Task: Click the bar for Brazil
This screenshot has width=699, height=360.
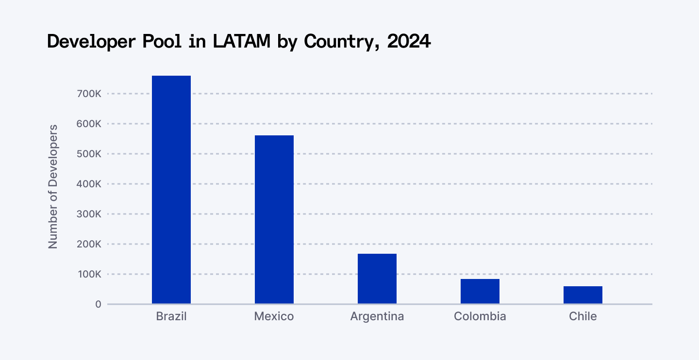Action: pyautogui.click(x=171, y=190)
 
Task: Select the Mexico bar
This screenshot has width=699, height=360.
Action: pyautogui.click(x=274, y=219)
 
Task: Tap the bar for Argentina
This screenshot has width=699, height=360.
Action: pyautogui.click(x=377, y=278)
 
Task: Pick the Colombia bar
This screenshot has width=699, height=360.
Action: pyautogui.click(x=480, y=291)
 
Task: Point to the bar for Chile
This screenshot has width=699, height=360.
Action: pyautogui.click(x=583, y=295)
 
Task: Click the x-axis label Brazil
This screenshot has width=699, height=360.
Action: pyautogui.click(x=171, y=317)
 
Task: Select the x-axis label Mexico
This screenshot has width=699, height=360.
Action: pyautogui.click(x=274, y=317)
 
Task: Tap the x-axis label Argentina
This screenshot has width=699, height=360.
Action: pyautogui.click(x=377, y=317)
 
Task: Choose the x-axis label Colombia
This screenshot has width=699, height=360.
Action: pyautogui.click(x=480, y=317)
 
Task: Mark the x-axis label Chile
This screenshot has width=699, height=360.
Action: pyautogui.click(x=583, y=317)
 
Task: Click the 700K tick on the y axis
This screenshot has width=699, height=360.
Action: pyautogui.click(x=89, y=94)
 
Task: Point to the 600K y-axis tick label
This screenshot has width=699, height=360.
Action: pyautogui.click(x=89, y=124)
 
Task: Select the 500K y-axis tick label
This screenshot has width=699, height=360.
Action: pyautogui.click(x=89, y=154)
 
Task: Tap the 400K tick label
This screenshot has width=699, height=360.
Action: pyautogui.click(x=89, y=184)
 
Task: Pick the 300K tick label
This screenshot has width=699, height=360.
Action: pyautogui.click(x=89, y=214)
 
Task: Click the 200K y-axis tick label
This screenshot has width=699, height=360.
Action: pyautogui.click(x=89, y=244)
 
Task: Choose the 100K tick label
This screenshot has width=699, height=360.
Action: pyautogui.click(x=89, y=274)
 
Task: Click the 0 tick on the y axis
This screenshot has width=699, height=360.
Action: pyautogui.click(x=98, y=304)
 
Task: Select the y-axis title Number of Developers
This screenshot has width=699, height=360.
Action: pyautogui.click(x=53, y=187)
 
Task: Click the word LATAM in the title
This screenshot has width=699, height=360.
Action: pyautogui.click(x=241, y=42)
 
